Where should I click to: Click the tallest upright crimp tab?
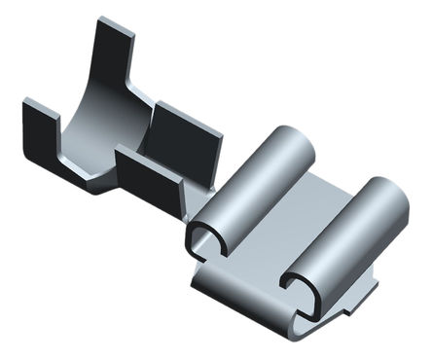pyautogui.click(x=116, y=58)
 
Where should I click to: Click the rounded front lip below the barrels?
pyautogui.click(x=243, y=297)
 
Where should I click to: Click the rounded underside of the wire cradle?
pyautogui.click(x=83, y=180)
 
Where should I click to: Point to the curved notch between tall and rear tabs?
pyautogui.click(x=146, y=97)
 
